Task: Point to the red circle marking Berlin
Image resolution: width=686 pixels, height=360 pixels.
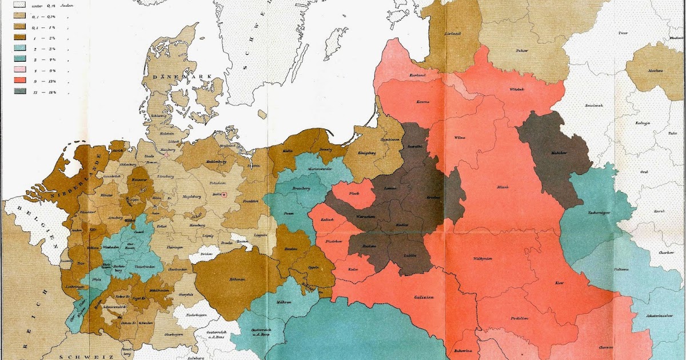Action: [x=225, y=194]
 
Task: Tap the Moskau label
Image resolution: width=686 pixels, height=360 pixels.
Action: [x=656, y=70]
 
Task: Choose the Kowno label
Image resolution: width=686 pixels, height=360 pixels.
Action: [x=423, y=102]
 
